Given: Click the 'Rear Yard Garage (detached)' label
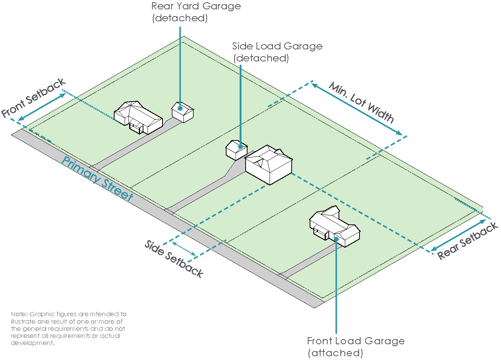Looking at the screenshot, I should (196, 12).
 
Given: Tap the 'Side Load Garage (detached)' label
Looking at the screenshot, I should (277, 52).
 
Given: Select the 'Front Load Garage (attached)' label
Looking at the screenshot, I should (355, 347).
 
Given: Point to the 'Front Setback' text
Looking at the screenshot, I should (33, 98).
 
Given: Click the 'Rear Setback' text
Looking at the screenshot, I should (468, 240).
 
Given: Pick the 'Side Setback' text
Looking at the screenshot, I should (174, 259).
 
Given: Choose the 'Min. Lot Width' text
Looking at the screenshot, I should (361, 102).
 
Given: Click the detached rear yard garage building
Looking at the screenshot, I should (183, 112).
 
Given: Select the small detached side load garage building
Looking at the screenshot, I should (236, 150).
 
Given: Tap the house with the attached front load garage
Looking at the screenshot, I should (334, 226).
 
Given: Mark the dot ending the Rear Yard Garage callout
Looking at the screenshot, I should (180, 108).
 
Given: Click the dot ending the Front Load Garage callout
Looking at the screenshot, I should (336, 239).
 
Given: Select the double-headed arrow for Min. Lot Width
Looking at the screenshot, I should (356, 109).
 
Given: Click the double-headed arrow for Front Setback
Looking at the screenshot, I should (42, 107).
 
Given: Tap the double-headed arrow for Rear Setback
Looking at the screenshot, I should (458, 235).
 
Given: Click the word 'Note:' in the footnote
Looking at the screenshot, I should (19, 314).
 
